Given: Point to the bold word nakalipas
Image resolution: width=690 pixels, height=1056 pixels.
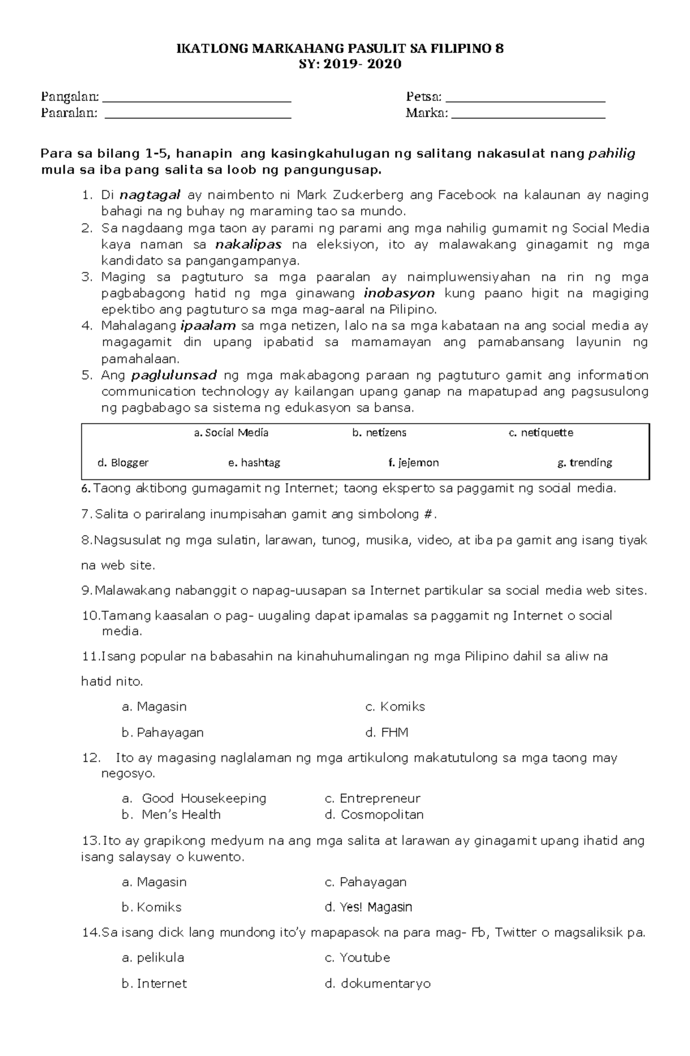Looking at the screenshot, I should tap(248, 245).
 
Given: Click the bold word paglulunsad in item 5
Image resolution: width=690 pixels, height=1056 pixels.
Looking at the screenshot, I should tap(174, 376).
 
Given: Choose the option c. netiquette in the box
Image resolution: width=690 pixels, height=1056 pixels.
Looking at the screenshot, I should tap(540, 433).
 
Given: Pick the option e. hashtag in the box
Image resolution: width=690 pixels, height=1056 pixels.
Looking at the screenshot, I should tap(254, 463).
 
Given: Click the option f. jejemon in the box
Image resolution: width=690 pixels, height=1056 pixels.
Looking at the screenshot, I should tap(413, 463).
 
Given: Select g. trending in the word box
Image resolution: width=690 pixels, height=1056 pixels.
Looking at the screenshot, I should tap(584, 463).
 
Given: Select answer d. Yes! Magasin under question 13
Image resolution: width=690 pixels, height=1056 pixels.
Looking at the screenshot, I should tap(369, 907).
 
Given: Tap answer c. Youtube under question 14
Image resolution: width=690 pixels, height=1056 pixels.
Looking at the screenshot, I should tap(358, 958).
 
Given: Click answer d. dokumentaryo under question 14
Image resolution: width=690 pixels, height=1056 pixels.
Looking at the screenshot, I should tap(377, 983).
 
